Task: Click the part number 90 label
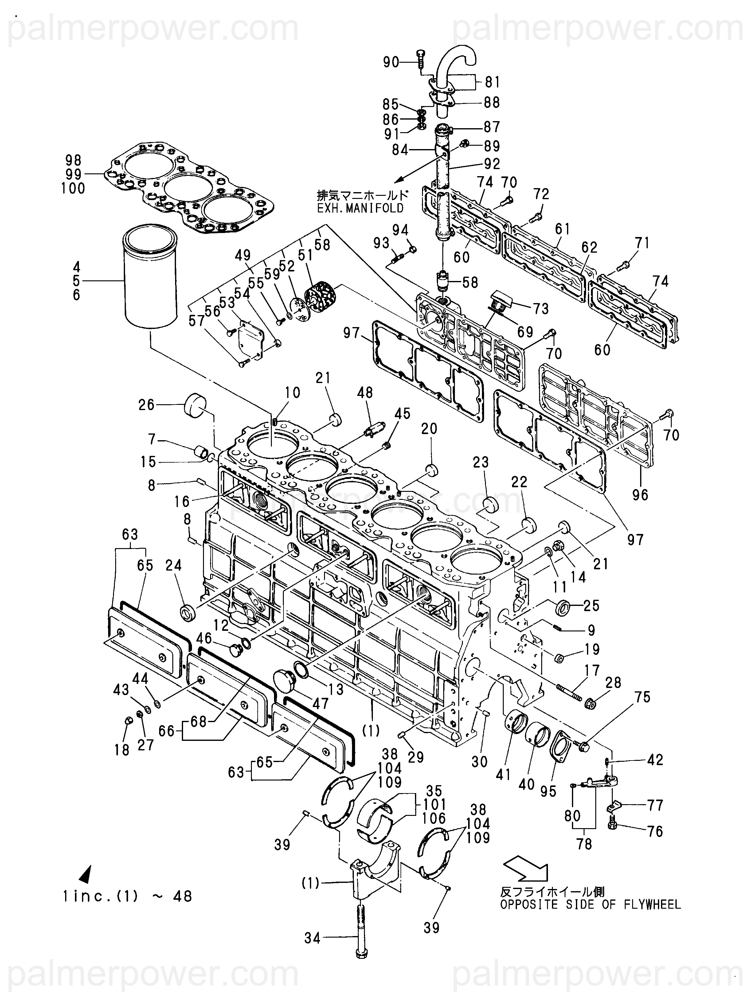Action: click(391, 62)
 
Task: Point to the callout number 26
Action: click(147, 405)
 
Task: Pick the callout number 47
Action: click(321, 703)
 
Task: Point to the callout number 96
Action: click(640, 494)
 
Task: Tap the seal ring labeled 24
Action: click(187, 612)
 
